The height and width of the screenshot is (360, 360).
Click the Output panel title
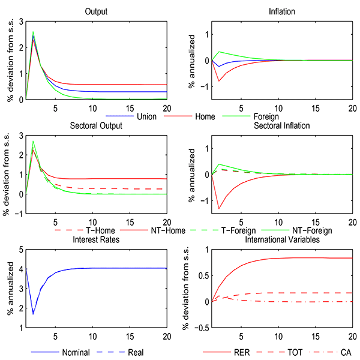point(96,11)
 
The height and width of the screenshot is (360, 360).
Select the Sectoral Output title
point(96,125)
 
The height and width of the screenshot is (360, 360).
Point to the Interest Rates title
point(96,240)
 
